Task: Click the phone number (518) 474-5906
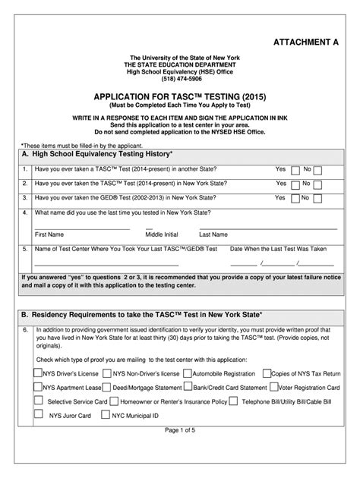[180, 79]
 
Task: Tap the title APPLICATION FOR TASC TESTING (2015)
[179, 98]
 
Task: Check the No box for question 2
[317, 185]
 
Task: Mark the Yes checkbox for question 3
[292, 199]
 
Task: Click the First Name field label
[49, 234]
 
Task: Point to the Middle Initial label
[162, 234]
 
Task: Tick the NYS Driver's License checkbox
[38, 373]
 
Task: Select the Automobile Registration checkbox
[186, 373]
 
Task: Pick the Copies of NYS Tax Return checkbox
[266, 373]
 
